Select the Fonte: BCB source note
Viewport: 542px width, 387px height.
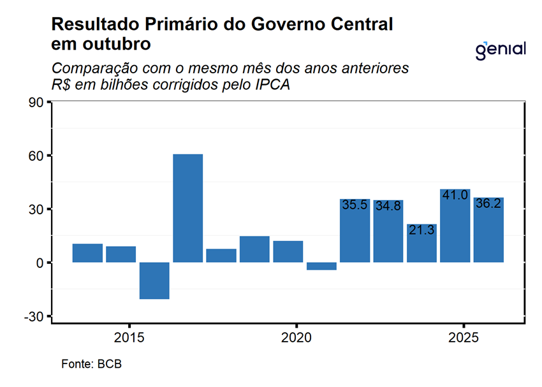91,364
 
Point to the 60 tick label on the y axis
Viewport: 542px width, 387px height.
36,156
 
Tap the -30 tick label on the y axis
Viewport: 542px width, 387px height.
34,316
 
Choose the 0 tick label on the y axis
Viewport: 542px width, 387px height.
40,263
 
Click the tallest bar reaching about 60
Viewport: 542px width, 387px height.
187,208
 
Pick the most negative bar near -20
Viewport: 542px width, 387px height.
154,281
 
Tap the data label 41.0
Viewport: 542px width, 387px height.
455,196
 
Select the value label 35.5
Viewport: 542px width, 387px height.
355,205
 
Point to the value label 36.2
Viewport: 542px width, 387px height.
488,204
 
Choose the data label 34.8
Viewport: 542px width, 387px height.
388,206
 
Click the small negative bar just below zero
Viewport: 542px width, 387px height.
321,266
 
